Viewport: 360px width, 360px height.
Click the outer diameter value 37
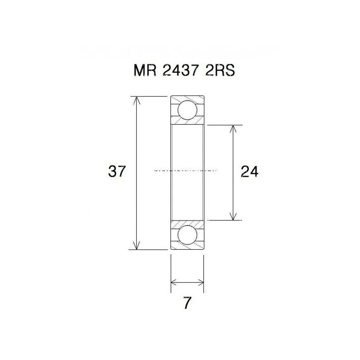tap(117, 171)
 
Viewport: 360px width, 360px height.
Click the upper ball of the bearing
tap(187, 110)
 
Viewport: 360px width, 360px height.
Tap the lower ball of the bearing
tap(187, 235)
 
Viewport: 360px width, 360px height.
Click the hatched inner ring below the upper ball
tap(187, 122)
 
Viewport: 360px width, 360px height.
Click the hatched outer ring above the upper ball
tap(187, 99)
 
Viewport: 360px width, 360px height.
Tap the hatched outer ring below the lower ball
tap(187, 247)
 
